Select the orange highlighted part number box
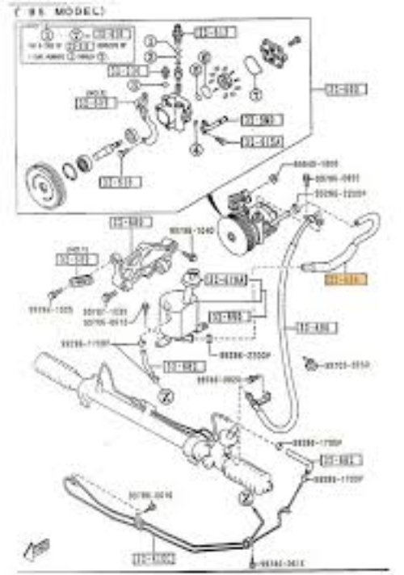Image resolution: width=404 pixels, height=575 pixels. click(x=345, y=279)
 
